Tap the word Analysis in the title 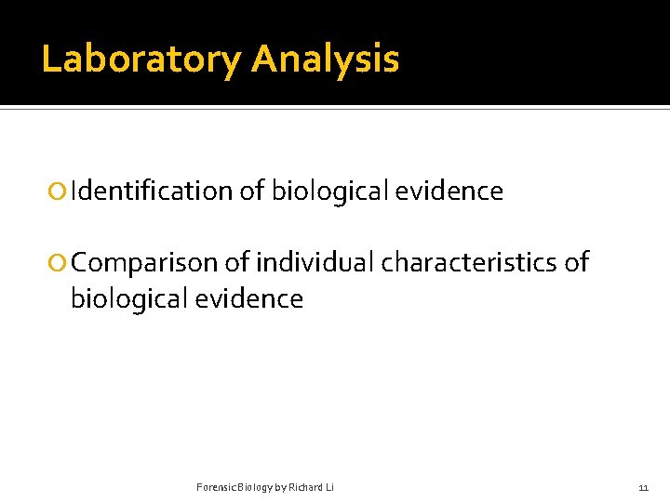[x=325, y=59]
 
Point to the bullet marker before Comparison [x=59, y=263]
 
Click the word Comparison [x=144, y=263]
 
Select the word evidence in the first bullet [x=449, y=192]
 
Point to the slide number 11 [x=643, y=487]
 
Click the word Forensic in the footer [x=215, y=487]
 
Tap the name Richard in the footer [x=302, y=487]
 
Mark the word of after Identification [x=251, y=192]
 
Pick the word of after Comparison [x=236, y=263]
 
